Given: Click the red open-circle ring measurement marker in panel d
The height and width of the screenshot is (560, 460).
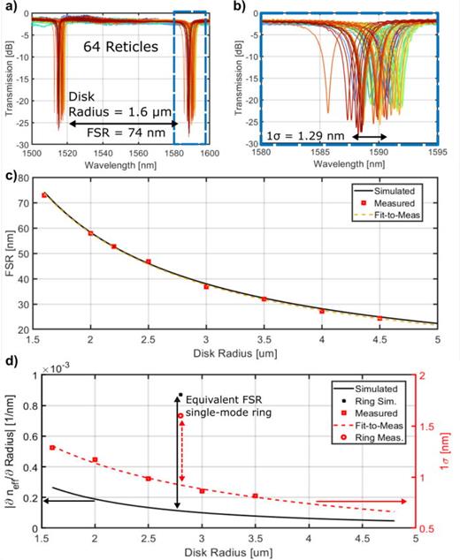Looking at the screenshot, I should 180,415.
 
